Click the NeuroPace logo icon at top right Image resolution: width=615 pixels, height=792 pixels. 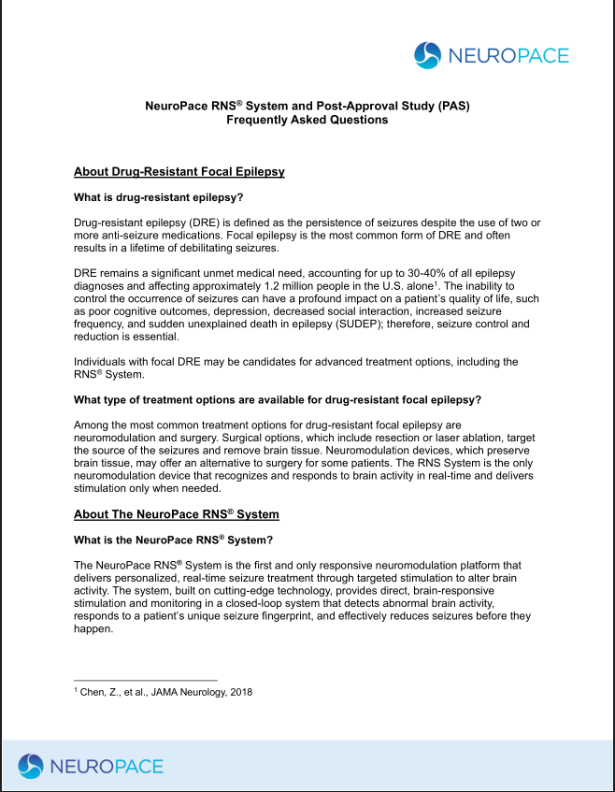(x=427, y=54)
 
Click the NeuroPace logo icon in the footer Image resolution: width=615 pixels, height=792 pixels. (x=32, y=766)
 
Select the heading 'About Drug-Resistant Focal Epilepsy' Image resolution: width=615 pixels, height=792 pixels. (x=179, y=172)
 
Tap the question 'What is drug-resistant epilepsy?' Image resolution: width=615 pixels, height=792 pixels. (x=164, y=197)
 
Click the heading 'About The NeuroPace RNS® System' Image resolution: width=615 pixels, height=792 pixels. (x=176, y=514)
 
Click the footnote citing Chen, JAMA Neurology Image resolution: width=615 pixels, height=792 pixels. (x=164, y=692)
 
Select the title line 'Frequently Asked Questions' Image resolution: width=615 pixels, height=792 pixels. (x=307, y=120)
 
